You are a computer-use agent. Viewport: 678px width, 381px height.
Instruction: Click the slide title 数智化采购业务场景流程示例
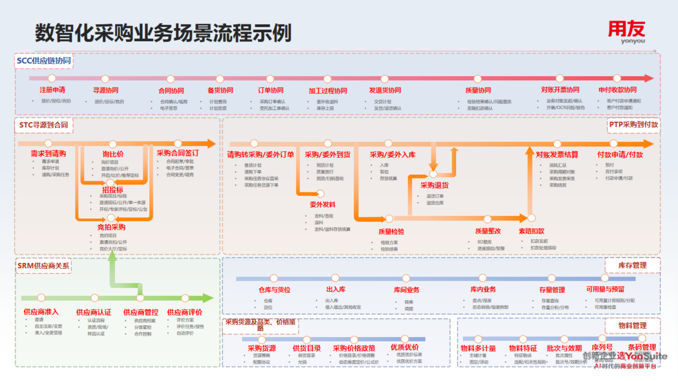pyautogui.click(x=163, y=33)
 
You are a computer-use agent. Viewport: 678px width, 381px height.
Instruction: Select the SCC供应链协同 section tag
pyautogui.click(x=44, y=61)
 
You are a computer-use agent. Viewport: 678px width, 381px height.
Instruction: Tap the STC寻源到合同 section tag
pyautogui.click(x=44, y=125)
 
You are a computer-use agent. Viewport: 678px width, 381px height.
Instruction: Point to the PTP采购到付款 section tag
pyautogui.click(x=633, y=125)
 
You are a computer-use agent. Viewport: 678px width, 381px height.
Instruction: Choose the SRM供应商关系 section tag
pyautogui.click(x=43, y=266)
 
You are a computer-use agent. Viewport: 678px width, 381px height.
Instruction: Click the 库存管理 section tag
pyautogui.click(x=632, y=265)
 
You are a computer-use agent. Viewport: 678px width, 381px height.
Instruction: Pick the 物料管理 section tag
pyautogui.click(x=632, y=325)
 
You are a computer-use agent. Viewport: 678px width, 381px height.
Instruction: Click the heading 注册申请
pyautogui.click(x=52, y=90)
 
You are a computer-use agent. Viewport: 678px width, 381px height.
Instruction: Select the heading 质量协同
pyautogui.click(x=478, y=90)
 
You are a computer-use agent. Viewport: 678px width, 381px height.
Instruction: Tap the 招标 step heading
pyautogui.click(x=113, y=190)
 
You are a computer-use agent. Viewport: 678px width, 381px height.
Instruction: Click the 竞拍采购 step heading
pyautogui.click(x=111, y=227)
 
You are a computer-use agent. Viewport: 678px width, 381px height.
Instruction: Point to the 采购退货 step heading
pyautogui.click(x=434, y=185)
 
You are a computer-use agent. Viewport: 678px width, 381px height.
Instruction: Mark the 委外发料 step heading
pyautogui.click(x=322, y=205)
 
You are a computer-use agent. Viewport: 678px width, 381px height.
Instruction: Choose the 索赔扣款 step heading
pyautogui.click(x=531, y=231)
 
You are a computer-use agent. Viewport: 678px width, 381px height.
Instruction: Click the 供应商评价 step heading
pyautogui.click(x=185, y=312)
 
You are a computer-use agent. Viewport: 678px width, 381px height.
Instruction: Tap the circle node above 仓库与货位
pyautogui.click(x=274, y=278)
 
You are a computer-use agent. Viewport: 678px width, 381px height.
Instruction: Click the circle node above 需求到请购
pyautogui.click(x=48, y=143)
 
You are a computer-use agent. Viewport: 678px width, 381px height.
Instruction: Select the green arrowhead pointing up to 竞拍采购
pyautogui.click(x=112, y=256)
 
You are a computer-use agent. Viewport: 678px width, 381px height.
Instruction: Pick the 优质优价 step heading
pyautogui.click(x=404, y=347)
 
